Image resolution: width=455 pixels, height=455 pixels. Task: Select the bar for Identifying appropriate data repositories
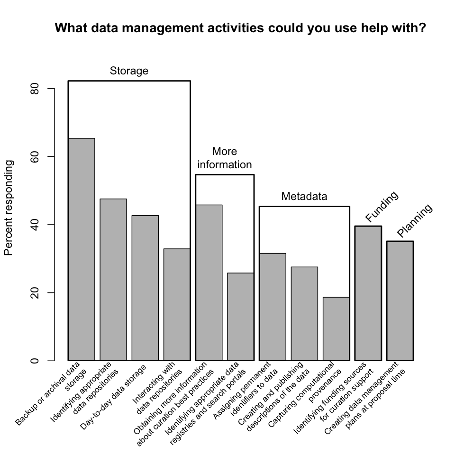pos(113,280)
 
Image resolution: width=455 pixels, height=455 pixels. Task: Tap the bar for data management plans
pos(400,300)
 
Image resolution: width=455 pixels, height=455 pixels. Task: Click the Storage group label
pos(129,71)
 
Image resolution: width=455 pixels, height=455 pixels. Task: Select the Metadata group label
pos(304,196)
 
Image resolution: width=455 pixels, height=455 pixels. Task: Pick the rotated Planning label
pos(415,220)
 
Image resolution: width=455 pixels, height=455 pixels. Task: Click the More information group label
pos(225,158)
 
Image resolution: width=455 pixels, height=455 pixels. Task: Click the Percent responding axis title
pos(9,208)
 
